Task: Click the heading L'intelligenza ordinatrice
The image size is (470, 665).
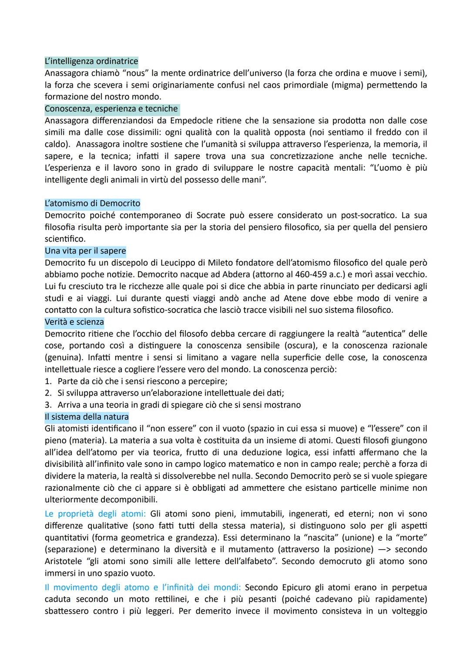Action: click(91, 61)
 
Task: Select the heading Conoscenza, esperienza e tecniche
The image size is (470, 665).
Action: click(111, 108)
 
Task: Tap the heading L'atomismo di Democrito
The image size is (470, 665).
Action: click(92, 203)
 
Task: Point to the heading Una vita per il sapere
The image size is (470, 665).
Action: click(85, 251)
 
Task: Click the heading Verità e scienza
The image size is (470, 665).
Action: click(74, 322)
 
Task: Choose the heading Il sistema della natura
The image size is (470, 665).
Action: click(87, 417)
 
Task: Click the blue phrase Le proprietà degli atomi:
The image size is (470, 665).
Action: click(95, 514)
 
